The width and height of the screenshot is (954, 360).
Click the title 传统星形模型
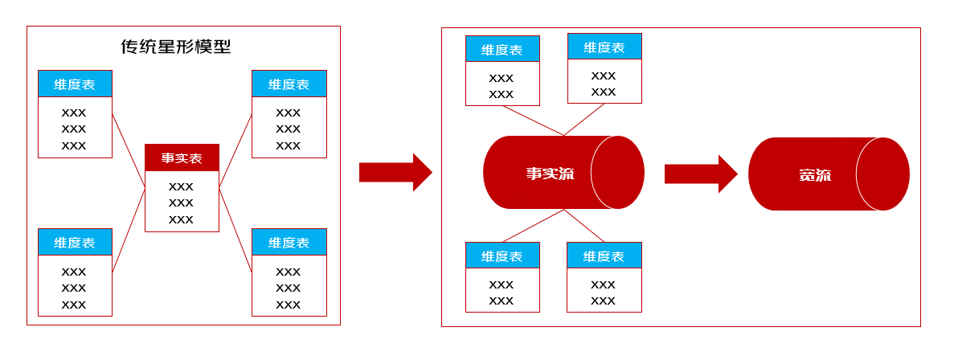[x=175, y=47]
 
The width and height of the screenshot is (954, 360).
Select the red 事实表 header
[x=182, y=157]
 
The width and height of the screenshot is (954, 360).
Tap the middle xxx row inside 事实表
[x=182, y=202]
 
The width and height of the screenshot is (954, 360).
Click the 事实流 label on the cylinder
[x=550, y=174]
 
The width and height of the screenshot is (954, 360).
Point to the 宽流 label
[x=814, y=175]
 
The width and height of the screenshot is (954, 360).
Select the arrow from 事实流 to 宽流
[x=700, y=174]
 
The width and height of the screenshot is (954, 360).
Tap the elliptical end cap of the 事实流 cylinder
[x=617, y=172]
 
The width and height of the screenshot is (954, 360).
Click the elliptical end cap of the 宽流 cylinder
[x=882, y=174]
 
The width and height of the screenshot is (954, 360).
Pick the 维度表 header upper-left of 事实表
[x=75, y=84]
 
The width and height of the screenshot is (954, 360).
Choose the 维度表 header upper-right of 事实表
[x=289, y=84]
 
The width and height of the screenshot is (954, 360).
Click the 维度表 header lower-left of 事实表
[x=75, y=242]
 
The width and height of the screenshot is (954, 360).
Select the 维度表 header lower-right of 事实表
[x=289, y=242]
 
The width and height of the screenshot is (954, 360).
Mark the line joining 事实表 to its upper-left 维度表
[x=129, y=152]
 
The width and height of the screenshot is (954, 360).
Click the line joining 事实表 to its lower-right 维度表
[x=235, y=231]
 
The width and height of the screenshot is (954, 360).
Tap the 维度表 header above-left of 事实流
[x=502, y=49]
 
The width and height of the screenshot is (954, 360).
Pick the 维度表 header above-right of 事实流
[x=604, y=47]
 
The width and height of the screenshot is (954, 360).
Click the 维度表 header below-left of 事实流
[x=502, y=256]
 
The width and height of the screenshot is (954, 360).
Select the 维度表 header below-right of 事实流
[x=604, y=256]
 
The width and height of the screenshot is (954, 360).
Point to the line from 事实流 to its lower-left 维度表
[x=534, y=226]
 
